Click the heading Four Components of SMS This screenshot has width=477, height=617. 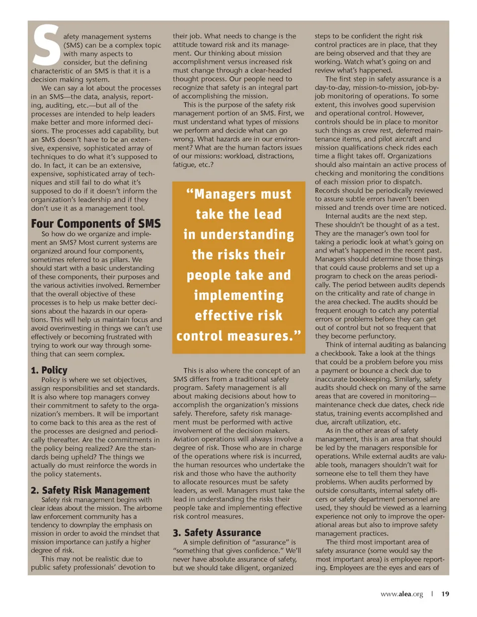96,223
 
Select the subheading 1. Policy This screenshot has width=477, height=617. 49,370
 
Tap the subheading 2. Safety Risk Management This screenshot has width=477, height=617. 90,490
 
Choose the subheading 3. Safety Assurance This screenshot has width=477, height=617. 217,533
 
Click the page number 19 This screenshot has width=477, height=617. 445,594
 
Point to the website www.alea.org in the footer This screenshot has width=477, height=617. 401,594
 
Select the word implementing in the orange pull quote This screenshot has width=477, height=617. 238,295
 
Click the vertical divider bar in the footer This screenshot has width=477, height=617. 432,594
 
